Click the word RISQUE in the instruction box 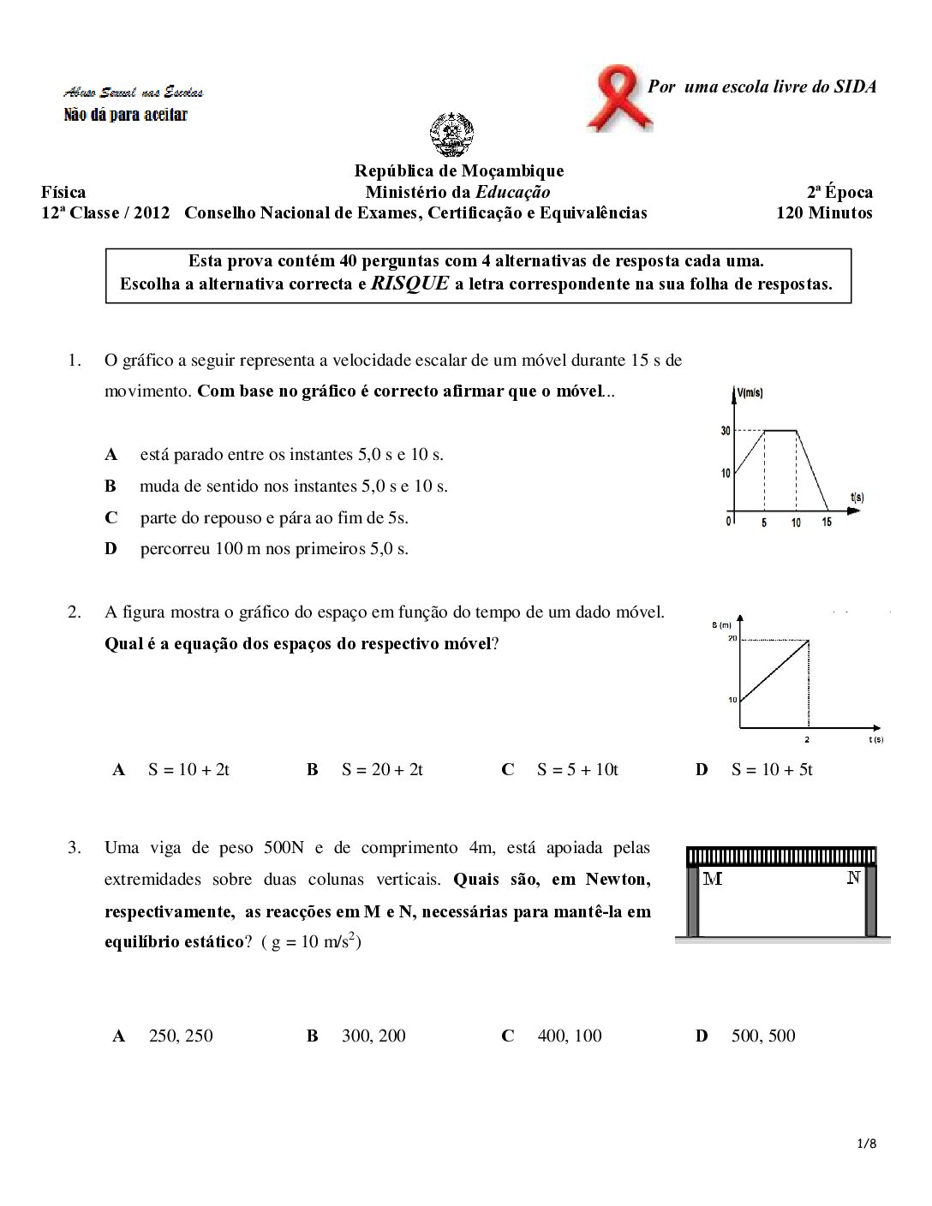point(410,284)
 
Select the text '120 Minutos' point(824,213)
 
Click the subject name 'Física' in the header point(63,193)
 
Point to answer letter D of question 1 point(111,549)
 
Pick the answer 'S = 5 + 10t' point(577,770)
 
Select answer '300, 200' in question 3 point(373,1036)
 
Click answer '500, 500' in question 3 point(763,1036)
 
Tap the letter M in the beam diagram point(712,879)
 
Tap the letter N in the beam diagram point(853,878)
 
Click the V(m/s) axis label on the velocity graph point(750,393)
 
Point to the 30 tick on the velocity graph point(726,431)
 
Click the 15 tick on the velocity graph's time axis point(827,522)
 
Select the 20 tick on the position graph point(732,638)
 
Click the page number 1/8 point(867,1143)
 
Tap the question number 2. point(75,612)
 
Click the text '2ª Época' point(839,193)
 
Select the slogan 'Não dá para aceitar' point(125,115)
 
